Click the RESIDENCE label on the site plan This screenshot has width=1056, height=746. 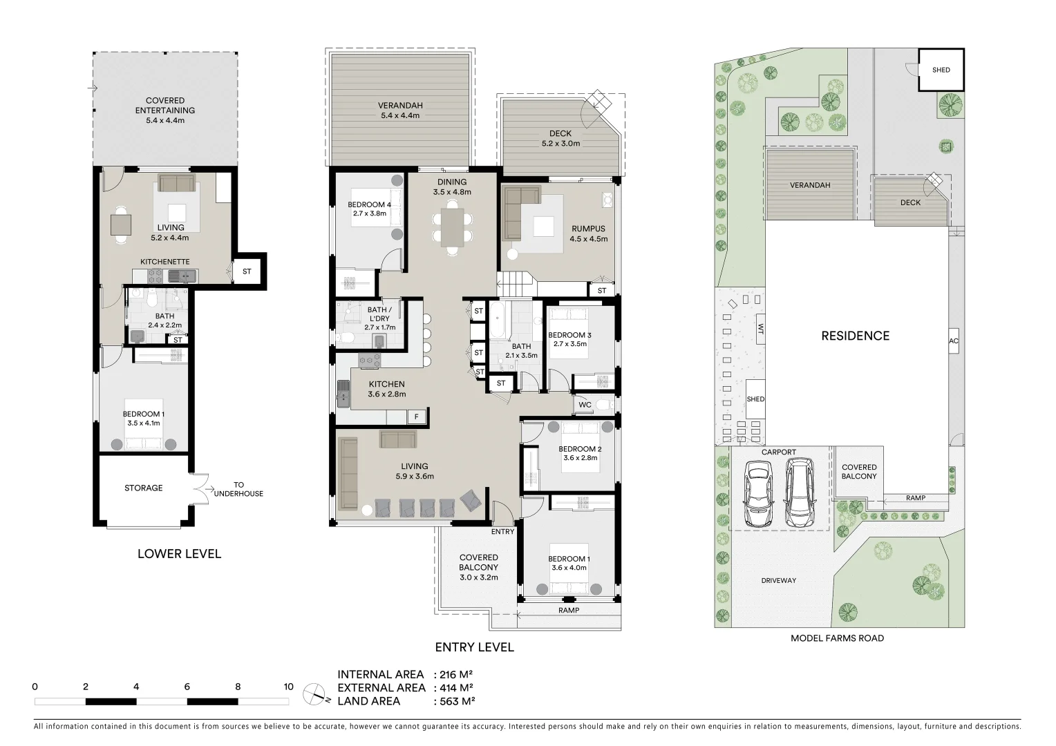855,336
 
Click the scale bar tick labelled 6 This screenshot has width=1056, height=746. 187,687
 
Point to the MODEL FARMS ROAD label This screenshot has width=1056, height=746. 837,638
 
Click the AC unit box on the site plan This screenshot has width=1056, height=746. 954,341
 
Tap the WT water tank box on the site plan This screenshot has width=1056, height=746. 761,329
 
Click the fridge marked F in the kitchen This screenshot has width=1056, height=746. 416,417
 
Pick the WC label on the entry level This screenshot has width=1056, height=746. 583,405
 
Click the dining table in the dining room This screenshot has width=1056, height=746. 453,228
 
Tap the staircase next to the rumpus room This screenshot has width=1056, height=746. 515,283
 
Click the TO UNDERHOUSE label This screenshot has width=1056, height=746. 238,489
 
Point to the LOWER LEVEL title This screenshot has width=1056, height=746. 179,553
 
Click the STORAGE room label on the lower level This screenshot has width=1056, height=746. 143,488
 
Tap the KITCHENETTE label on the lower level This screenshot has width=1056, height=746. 164,262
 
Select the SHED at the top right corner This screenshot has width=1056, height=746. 941,70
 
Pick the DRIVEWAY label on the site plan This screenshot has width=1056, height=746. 778,580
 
